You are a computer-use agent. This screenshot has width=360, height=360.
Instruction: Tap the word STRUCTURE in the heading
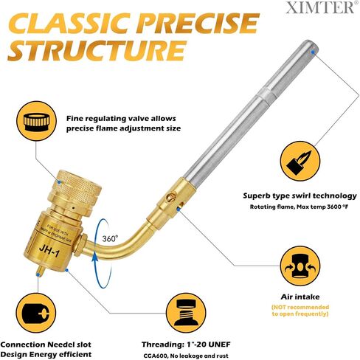[97, 50]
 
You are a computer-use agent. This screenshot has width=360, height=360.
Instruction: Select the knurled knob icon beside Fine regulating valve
[36, 121]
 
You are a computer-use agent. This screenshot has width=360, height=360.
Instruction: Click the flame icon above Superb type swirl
[300, 161]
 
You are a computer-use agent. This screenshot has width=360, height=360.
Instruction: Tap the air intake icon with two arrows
[300, 266]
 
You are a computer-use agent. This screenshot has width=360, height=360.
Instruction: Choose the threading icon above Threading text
[186, 313]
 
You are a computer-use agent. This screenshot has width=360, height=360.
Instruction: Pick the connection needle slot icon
[36, 313]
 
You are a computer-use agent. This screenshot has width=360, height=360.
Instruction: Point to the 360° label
[110, 238]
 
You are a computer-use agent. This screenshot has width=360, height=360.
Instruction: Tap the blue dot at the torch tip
[313, 52]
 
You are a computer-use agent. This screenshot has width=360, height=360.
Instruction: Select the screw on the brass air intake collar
[170, 197]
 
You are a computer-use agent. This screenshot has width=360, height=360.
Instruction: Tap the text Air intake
[300, 297]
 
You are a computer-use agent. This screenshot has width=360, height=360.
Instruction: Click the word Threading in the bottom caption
[162, 345]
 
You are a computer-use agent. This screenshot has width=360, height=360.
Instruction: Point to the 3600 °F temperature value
[338, 207]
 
